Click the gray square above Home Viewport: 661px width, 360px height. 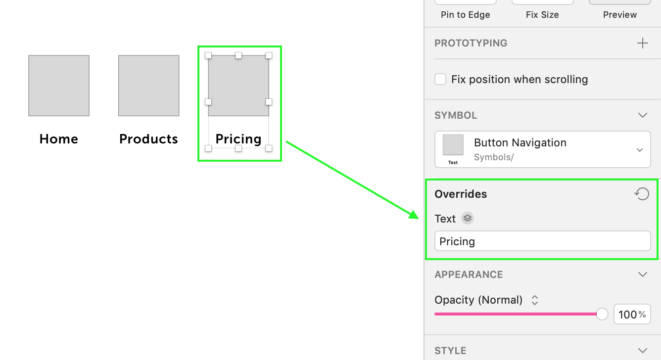pos(59,86)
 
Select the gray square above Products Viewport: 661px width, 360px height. pos(148,86)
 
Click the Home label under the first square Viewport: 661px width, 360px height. pos(59,139)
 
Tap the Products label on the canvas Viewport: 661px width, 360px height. pos(148,139)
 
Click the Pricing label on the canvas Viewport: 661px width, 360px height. pos(238,139)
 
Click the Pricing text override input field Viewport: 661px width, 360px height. pos(542,241)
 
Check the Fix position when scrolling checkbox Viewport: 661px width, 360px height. pos(440,79)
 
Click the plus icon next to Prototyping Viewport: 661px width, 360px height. pos(642,43)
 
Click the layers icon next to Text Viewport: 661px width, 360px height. pos(468,218)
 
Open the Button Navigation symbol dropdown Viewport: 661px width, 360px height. pos(640,150)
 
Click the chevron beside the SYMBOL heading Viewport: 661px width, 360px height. pos(643,115)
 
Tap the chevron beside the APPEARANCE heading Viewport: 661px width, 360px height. pos(643,274)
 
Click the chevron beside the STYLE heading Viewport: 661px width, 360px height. pos(643,351)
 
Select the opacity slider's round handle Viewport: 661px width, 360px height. pos(602,314)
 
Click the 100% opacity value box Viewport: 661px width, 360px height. pos(632,314)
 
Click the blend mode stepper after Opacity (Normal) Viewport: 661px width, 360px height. pos(535,300)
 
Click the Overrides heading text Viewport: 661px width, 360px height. pos(461,194)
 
